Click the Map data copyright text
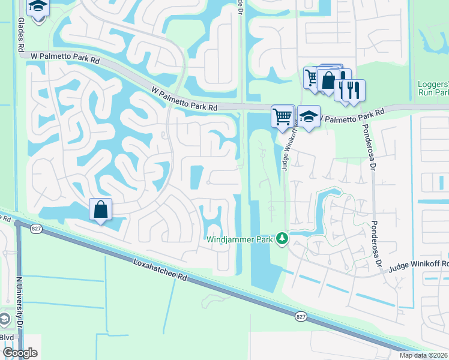click(424, 355)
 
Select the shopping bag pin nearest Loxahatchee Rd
click(100, 210)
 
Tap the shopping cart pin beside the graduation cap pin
click(282, 116)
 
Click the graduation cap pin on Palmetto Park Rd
click(309, 116)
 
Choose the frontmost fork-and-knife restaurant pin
click(354, 90)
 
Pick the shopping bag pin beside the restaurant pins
click(329, 80)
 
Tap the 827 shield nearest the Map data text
click(300, 316)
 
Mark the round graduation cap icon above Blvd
click(4, 319)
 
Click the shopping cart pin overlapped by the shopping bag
click(312, 78)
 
